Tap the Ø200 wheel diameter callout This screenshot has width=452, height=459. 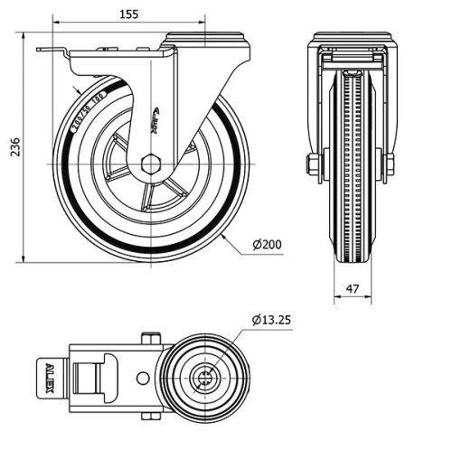click(268, 245)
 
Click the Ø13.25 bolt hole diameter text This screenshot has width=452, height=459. click(271, 319)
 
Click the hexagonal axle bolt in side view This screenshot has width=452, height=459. click(152, 164)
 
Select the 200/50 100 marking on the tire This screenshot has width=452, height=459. click(84, 106)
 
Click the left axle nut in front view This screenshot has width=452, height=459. click(313, 164)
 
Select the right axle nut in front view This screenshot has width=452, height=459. click(390, 164)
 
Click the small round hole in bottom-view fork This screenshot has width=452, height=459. click(141, 379)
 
